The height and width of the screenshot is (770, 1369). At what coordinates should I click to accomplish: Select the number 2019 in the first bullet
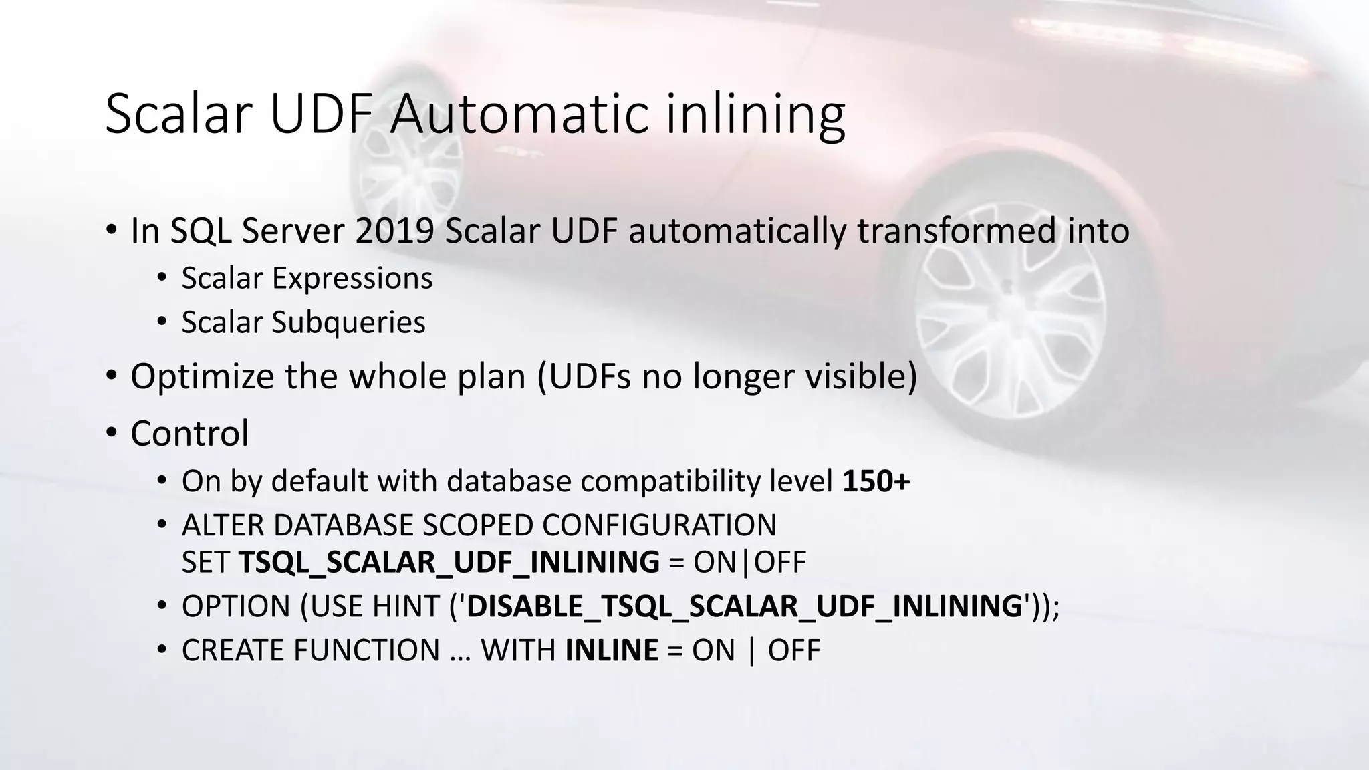pyautogui.click(x=395, y=231)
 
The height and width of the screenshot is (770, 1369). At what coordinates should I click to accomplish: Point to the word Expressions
pyautogui.click(x=352, y=278)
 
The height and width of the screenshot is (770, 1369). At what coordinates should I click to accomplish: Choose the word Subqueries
pyautogui.click(x=348, y=322)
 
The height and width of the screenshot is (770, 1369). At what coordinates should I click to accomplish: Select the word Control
pyautogui.click(x=190, y=433)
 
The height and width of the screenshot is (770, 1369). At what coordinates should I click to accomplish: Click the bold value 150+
pyautogui.click(x=876, y=481)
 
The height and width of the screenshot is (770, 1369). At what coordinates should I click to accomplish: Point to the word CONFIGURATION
pyautogui.click(x=659, y=525)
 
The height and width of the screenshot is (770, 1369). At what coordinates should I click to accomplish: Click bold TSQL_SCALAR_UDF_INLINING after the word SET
pyautogui.click(x=449, y=561)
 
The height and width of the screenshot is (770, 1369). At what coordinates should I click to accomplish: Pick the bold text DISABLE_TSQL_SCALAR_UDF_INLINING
pyautogui.click(x=745, y=606)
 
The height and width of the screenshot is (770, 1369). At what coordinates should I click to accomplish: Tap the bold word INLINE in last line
pyautogui.click(x=612, y=650)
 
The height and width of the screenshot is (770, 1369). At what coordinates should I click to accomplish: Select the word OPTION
pyautogui.click(x=236, y=606)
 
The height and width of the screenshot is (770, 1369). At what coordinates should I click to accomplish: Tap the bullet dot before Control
pyautogui.click(x=111, y=433)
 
